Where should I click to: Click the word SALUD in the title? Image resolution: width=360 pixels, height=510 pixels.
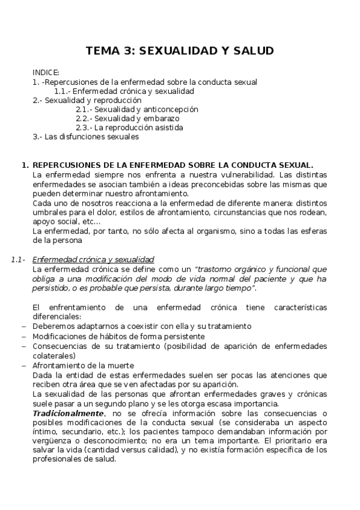click(x=254, y=51)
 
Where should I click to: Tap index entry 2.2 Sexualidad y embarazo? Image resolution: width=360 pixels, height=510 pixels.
click(x=124, y=118)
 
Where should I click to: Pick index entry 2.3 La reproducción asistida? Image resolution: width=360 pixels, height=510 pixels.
click(x=129, y=127)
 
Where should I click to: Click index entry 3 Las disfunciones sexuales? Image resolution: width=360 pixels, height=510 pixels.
click(x=86, y=137)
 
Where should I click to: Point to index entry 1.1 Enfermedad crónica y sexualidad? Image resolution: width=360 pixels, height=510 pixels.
click(x=124, y=91)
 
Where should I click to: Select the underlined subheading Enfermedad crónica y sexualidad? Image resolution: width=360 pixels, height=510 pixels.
click(x=93, y=259)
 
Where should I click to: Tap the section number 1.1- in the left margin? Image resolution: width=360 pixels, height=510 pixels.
click(x=18, y=259)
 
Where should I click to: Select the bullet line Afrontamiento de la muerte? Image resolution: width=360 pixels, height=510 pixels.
click(x=83, y=365)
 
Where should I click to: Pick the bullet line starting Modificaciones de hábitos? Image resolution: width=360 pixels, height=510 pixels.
click(x=118, y=336)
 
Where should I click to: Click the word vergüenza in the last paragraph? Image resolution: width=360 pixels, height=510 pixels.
click(x=52, y=440)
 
